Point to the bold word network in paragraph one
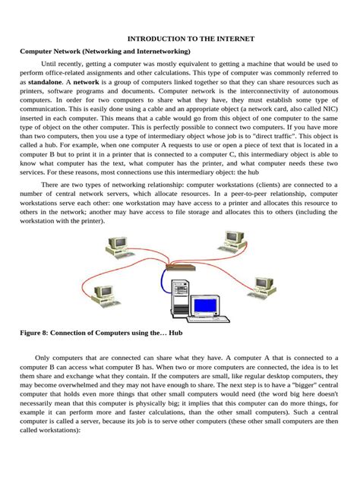tap(86, 81)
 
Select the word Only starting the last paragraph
tap(44, 358)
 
